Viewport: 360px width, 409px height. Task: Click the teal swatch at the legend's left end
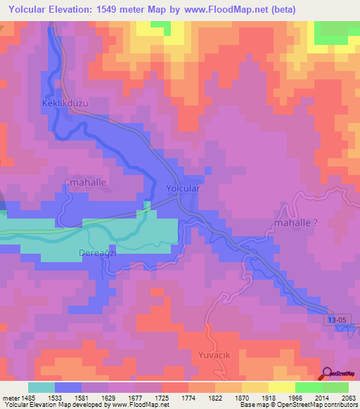coord(41,387)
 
